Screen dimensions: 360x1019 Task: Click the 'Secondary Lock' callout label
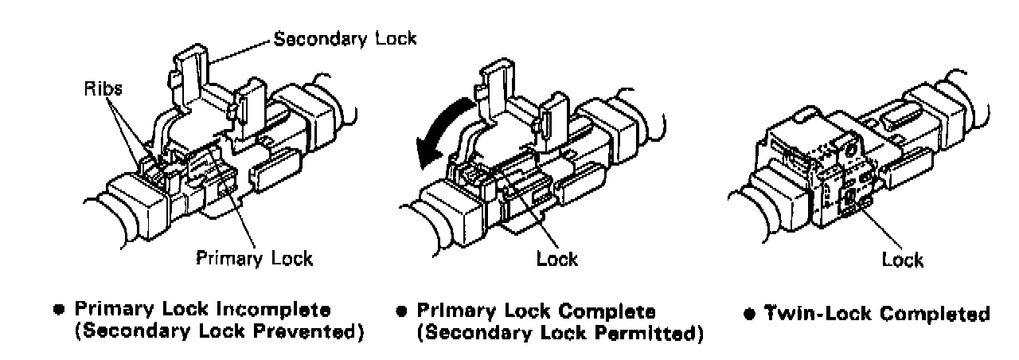pyautogui.click(x=345, y=38)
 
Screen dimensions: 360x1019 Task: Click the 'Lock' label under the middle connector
pyautogui.click(x=557, y=258)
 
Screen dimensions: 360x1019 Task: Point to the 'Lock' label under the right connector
pyautogui.click(x=902, y=260)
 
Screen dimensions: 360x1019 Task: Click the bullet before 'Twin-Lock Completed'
pyautogui.click(x=749, y=313)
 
